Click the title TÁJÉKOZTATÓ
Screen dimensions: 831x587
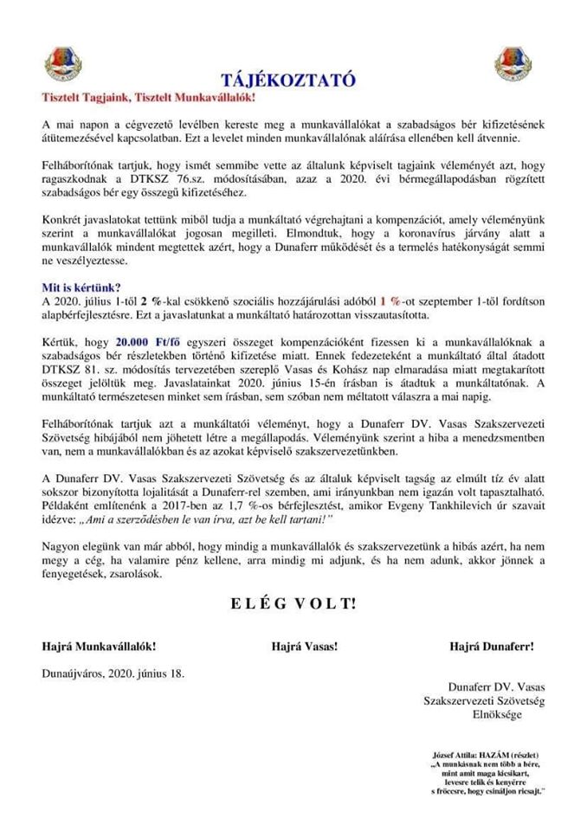pyautogui.click(x=293, y=81)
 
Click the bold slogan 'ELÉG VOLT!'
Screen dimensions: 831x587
pyautogui.click(x=293, y=603)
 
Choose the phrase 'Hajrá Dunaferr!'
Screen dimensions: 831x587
pyautogui.click(x=491, y=646)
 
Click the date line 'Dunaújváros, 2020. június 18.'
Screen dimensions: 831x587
pyautogui.click(x=113, y=672)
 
